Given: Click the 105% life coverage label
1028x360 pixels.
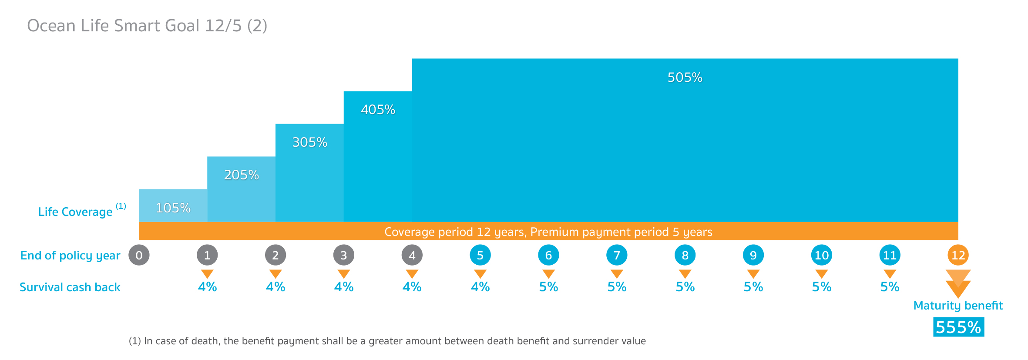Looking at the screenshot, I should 173,208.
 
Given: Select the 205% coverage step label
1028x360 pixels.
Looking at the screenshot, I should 242,175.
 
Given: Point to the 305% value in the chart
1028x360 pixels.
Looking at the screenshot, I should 309,142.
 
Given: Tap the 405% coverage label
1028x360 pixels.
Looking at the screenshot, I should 378,110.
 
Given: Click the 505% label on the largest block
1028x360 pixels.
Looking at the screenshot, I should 685,77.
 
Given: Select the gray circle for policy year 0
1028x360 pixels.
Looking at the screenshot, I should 139,255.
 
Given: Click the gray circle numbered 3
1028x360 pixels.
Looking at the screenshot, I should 344,255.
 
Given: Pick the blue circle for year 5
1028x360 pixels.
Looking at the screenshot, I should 480,255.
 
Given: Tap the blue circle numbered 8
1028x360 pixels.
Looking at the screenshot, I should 685,255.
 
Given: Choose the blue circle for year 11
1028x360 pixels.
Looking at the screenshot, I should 890,255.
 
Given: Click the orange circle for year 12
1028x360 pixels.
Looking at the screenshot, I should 958,255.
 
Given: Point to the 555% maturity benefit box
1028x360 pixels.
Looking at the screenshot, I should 958,327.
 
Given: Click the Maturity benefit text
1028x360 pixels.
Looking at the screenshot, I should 958,306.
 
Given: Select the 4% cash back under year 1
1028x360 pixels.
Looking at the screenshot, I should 207,287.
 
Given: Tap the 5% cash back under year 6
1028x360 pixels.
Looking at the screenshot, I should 548,287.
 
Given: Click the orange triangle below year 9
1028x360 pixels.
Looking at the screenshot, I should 753,274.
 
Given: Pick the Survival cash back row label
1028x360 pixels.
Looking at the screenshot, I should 70,287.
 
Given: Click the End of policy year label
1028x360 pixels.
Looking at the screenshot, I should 70,256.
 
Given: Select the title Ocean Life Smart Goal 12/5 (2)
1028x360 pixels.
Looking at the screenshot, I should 147,26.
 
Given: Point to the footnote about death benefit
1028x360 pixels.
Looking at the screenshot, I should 387,341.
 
